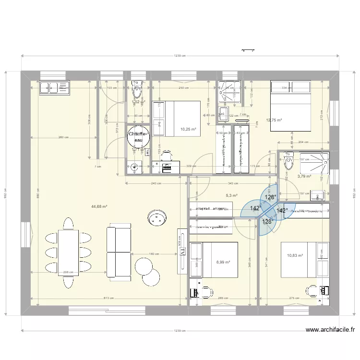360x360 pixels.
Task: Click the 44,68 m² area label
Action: click(x=99, y=207)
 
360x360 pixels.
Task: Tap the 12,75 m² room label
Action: click(x=274, y=120)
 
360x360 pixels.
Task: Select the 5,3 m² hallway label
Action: click(x=232, y=195)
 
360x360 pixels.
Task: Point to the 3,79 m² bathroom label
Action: click(x=304, y=176)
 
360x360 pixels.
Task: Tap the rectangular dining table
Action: click(x=68, y=252)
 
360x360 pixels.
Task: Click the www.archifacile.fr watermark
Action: click(x=330, y=330)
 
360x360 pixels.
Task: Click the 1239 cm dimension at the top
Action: click(x=180, y=57)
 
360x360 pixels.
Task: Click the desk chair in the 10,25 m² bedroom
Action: click(x=167, y=155)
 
